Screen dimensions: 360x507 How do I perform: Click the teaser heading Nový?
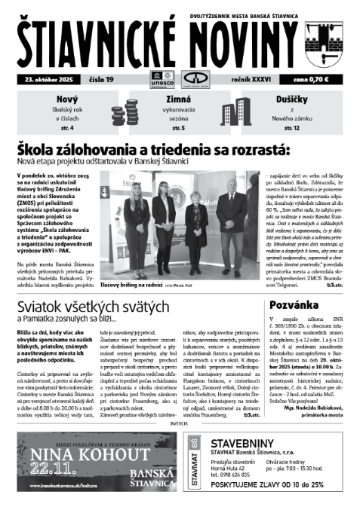point(68,101)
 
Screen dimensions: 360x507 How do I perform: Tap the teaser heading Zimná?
point(179,101)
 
